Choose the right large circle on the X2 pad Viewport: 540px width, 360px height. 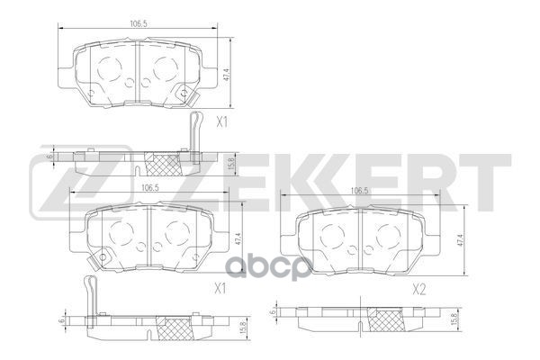point(388,236)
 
